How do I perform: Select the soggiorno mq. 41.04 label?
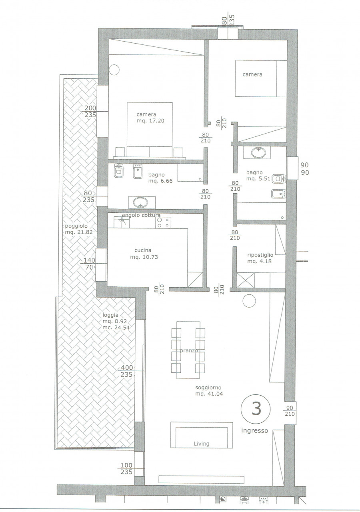(209, 391)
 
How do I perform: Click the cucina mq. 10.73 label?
(144, 254)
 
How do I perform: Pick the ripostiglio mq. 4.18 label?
(260, 258)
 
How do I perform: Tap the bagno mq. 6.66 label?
(160, 178)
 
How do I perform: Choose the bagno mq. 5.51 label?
(258, 176)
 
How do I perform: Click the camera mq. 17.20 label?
(150, 118)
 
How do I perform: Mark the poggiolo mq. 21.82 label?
(79, 229)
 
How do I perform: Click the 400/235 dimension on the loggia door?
(127, 371)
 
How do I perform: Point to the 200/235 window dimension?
(90, 111)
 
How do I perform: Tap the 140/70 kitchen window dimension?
(89, 264)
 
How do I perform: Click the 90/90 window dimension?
(304, 169)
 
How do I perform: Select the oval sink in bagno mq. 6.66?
(140, 202)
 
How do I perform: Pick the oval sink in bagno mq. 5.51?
(258, 153)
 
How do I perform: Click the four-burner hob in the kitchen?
(164, 222)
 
